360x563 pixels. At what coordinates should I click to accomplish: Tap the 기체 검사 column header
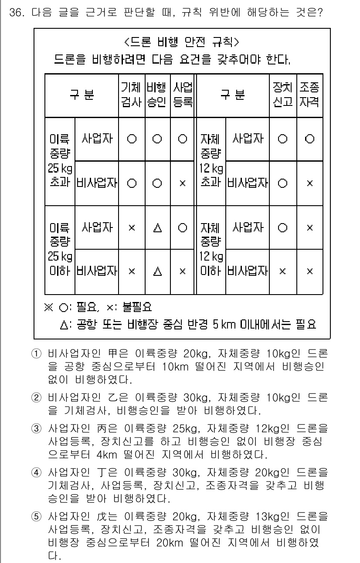(131, 95)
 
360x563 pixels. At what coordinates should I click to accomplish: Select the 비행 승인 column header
(157, 95)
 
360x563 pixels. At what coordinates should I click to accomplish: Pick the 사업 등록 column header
(183, 95)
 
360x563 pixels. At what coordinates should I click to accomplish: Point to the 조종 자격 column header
(309, 95)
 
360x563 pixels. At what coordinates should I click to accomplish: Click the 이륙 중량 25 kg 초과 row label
(60, 161)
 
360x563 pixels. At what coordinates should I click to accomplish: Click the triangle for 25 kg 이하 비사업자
(157, 271)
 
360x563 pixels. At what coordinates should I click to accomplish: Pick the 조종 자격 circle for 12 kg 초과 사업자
(309, 139)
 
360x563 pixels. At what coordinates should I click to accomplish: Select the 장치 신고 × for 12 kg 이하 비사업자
(282, 271)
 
